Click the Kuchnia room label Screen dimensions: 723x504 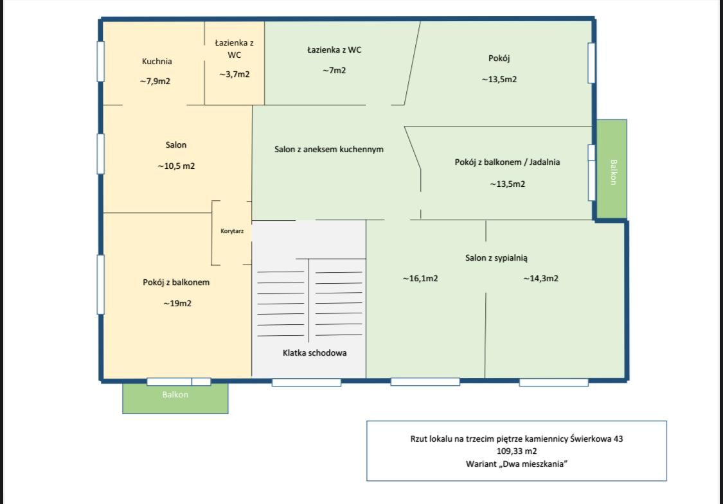coord(157,61)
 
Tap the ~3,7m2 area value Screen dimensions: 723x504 coord(234,74)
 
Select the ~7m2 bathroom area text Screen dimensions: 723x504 coord(334,71)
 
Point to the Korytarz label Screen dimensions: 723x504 coord(232,230)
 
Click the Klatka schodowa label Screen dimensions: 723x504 coord(314,353)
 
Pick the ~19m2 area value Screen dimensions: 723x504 coord(177,303)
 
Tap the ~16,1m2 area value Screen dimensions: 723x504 coord(420,278)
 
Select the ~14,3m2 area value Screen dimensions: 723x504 coord(540,278)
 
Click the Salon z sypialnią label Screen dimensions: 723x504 coord(496,258)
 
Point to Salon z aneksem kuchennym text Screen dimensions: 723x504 coord(329,149)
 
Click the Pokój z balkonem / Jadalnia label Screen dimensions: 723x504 coord(507,162)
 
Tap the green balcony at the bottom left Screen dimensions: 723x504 coord(175,399)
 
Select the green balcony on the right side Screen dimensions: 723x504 coord(612,169)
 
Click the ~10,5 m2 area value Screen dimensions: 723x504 coord(176,166)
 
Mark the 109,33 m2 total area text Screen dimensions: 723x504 coord(517,451)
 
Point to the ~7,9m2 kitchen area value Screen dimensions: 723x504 coord(155,82)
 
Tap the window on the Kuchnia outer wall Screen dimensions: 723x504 coord(100,61)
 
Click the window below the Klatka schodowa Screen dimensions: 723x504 coord(307,383)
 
